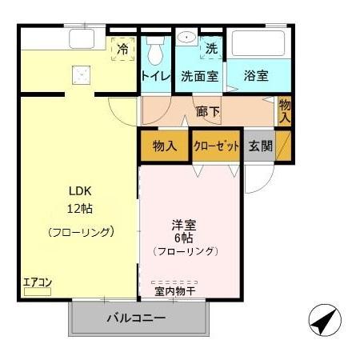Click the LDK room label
coord(78,193)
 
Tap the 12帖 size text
coord(78,209)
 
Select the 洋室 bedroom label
coord(185,224)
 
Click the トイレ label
coord(155,77)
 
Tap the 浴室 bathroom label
coord(256,76)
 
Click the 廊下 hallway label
coord(208,110)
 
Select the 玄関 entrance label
coord(260,146)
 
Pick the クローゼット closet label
coord(216,146)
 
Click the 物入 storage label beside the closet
coord(164,146)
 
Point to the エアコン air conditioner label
coord(37,282)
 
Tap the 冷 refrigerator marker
coord(122,50)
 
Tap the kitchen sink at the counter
coord(82,38)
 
